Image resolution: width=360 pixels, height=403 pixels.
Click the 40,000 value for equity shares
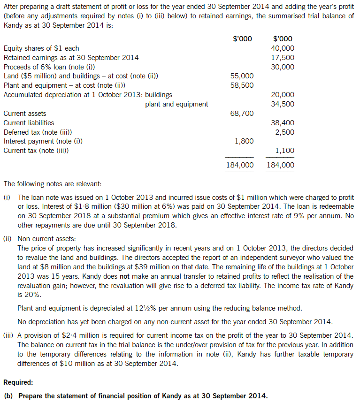[283, 48]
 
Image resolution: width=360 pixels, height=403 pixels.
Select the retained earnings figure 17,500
[283, 58]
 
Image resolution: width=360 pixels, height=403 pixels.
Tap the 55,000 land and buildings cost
[242, 76]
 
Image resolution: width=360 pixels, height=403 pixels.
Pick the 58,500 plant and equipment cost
[242, 85]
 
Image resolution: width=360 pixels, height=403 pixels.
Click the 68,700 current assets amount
[242, 114]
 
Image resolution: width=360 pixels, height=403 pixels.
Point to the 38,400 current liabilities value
[283, 123]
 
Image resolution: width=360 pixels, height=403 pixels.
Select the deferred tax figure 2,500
[284, 132]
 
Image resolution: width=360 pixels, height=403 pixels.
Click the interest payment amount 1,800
[244, 141]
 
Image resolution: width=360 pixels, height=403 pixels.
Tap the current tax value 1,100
[284, 151]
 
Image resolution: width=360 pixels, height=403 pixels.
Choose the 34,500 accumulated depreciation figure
[283, 104]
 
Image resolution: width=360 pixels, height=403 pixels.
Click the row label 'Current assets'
[25, 114]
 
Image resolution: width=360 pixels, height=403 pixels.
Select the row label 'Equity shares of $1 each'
[41, 48]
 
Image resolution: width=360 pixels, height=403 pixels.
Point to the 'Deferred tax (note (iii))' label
[38, 132]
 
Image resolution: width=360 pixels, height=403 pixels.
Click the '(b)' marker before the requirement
[8, 396]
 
